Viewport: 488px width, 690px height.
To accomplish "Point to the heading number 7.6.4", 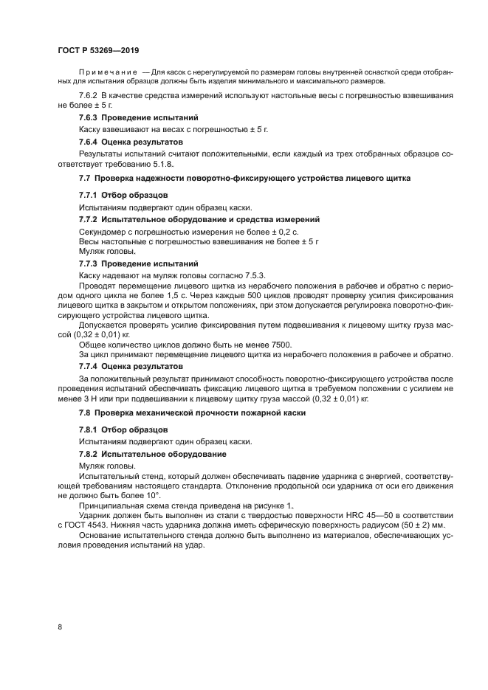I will [x=90, y=141].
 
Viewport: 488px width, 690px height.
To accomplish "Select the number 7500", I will [x=280, y=344].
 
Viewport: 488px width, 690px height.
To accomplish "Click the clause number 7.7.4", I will [x=90, y=366].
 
